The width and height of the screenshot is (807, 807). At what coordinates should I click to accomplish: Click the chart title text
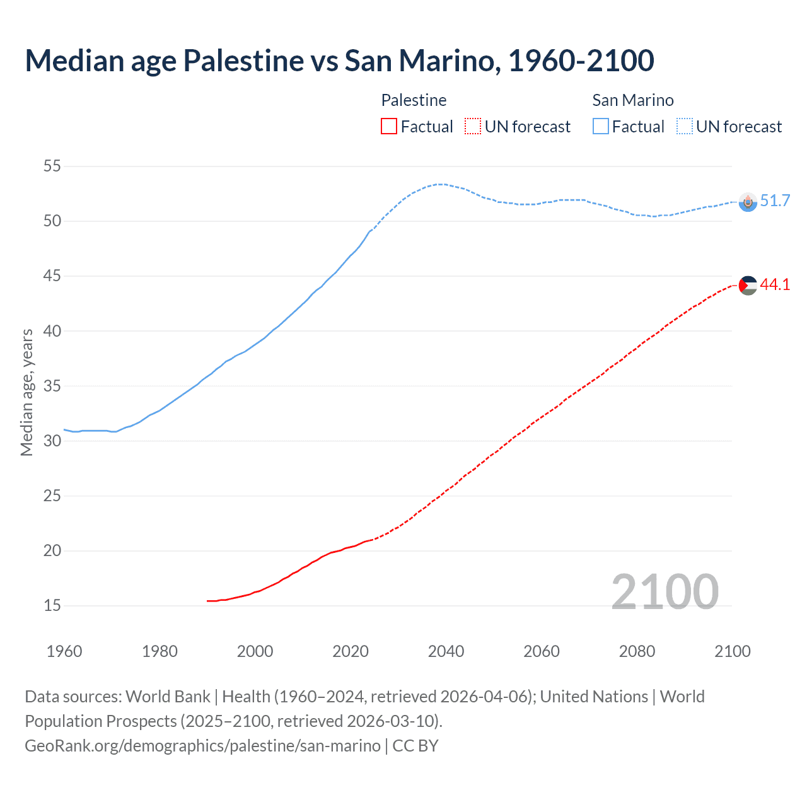point(339,61)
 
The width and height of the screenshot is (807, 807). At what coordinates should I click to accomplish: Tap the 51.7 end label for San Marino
point(775,201)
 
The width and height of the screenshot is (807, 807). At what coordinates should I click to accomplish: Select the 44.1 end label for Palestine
point(775,284)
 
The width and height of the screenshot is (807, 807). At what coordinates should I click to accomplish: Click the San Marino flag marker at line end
point(748,202)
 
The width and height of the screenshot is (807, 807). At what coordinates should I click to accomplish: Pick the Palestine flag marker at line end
point(748,285)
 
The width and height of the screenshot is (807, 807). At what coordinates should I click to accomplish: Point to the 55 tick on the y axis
point(52,166)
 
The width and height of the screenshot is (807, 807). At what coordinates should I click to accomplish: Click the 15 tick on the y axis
point(52,606)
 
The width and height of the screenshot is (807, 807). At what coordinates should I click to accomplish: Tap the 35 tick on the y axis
point(52,386)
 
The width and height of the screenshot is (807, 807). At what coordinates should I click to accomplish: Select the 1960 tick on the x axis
point(64,651)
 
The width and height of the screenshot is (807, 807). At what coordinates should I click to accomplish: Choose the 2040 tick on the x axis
point(446,651)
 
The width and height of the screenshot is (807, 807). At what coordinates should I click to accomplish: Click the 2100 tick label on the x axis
point(732,651)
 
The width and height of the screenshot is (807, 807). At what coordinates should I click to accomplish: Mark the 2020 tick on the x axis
point(351,651)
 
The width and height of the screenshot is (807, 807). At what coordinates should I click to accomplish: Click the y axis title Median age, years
point(26,392)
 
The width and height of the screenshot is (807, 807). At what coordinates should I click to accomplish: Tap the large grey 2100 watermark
point(665,591)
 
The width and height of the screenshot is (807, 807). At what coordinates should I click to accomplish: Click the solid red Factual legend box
point(389,127)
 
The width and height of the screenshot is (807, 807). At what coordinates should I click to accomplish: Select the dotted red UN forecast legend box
point(473,127)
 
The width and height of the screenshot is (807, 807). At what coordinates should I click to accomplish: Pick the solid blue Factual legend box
point(601,127)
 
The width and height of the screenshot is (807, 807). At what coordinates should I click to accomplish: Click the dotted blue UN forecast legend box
point(685,127)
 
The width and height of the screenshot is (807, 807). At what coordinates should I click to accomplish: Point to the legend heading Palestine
point(414,100)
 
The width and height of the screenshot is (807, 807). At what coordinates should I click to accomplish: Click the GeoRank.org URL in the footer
point(202,746)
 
